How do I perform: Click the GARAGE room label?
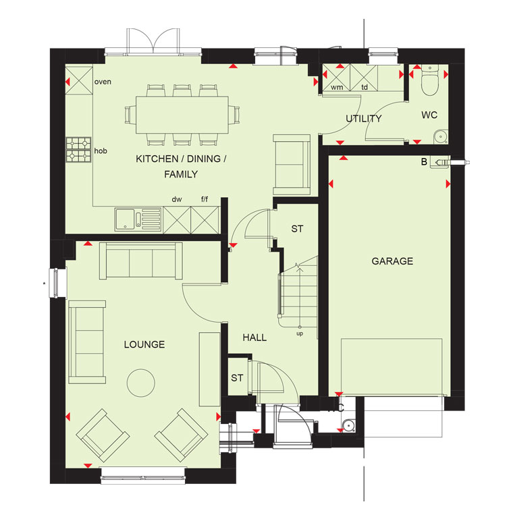point(392,261)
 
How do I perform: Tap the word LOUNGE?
point(144,344)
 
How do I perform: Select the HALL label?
point(254,337)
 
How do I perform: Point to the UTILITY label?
point(364,118)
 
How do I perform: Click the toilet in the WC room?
point(429,80)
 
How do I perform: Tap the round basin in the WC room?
point(441,137)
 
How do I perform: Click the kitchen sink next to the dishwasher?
point(138,219)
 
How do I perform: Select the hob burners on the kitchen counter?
point(78,150)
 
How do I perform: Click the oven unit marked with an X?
point(79,80)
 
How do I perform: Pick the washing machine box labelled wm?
point(336,78)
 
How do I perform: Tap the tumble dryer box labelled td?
point(364,78)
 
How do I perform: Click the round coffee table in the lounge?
point(140,383)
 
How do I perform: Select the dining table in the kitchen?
point(182,115)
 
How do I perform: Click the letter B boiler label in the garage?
point(424,162)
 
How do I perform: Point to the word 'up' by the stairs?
point(300,333)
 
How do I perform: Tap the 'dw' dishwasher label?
point(177,199)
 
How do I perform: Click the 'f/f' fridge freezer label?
point(205,199)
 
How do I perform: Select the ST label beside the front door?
point(237,378)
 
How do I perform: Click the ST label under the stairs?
point(297,229)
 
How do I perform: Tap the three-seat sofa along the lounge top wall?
point(140,261)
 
